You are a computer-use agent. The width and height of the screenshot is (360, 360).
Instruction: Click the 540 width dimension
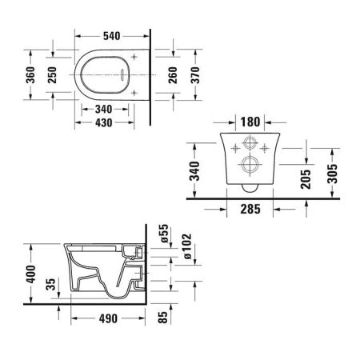[x=111, y=36]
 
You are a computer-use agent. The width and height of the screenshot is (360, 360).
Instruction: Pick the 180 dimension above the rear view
[x=251, y=122]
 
